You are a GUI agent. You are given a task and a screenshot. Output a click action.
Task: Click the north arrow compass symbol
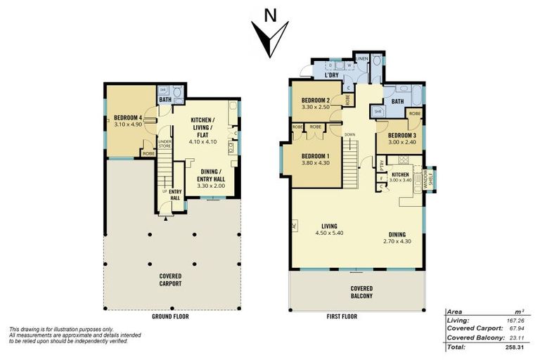pyautogui.click(x=269, y=37)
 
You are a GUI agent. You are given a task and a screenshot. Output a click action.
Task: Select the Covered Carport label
pyautogui.click(x=170, y=279)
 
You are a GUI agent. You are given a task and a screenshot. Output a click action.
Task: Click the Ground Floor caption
pyautogui.click(x=170, y=317)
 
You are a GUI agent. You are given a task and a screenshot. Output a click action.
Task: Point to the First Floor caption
pyautogui.click(x=342, y=317)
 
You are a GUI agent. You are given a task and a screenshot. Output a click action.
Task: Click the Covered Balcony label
pyautogui.click(x=361, y=292)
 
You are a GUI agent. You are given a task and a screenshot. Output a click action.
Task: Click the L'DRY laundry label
pyautogui.click(x=332, y=75)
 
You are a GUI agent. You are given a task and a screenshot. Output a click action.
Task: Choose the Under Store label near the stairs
pyautogui.click(x=165, y=145)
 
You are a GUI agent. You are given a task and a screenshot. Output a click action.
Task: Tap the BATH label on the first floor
pyautogui.click(x=397, y=101)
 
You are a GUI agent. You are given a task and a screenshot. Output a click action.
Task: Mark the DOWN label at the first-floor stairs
pyautogui.click(x=349, y=134)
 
